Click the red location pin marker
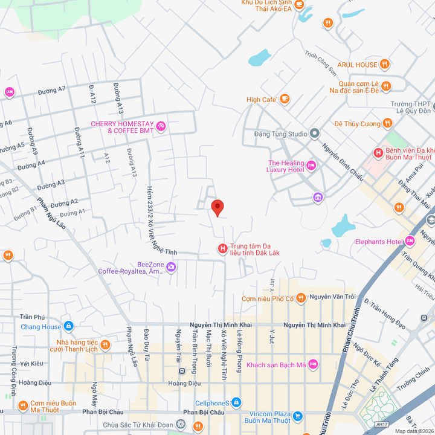(x=217, y=207)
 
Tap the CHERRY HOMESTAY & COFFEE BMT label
(x=123, y=127)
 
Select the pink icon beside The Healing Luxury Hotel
(x=311, y=165)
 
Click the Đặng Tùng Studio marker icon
(x=315, y=134)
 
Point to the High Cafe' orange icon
(x=285, y=99)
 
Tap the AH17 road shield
(x=381, y=425)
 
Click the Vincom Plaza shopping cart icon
(x=297, y=416)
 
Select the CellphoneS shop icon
(x=236, y=402)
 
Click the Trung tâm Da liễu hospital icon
(x=222, y=248)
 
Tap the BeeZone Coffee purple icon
(x=172, y=266)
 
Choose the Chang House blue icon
(x=68, y=327)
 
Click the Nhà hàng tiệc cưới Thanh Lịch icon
(x=105, y=345)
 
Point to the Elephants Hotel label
(x=378, y=242)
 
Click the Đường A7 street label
(x=51, y=90)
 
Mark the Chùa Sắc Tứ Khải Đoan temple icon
(x=180, y=425)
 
